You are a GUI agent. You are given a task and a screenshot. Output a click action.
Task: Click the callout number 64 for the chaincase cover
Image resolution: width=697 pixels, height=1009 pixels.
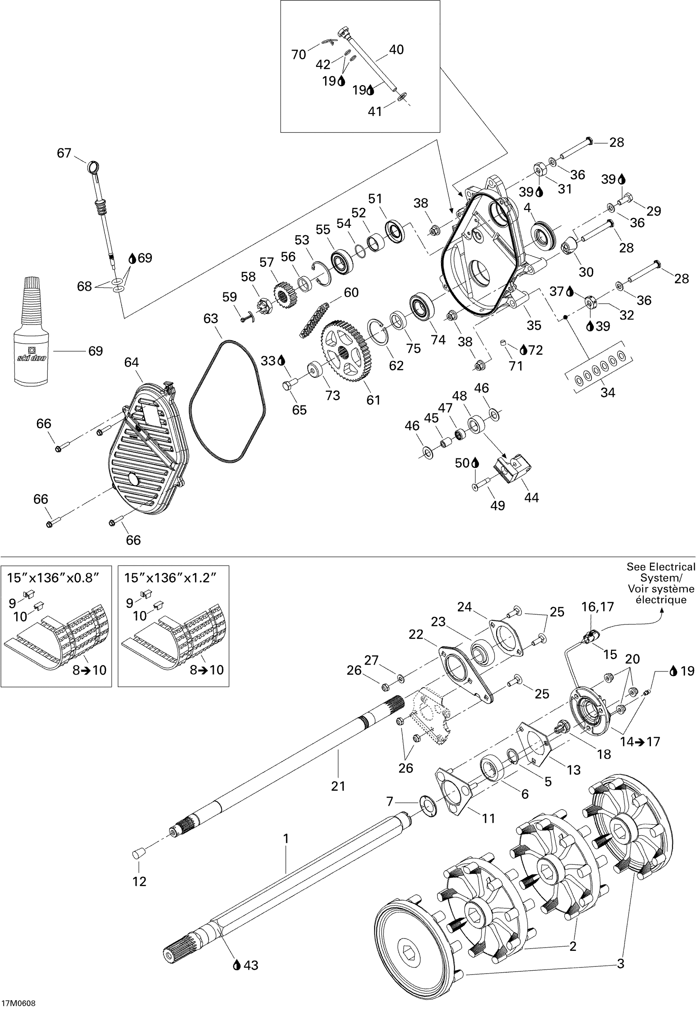131,363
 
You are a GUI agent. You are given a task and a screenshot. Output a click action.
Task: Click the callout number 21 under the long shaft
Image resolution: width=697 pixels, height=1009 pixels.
338,786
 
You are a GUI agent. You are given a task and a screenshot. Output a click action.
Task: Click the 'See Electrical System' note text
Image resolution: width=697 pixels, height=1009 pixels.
661,583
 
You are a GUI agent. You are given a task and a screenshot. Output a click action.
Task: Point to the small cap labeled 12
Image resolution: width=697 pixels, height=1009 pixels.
138,853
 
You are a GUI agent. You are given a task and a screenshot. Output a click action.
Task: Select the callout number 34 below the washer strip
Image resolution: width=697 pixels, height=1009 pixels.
607,393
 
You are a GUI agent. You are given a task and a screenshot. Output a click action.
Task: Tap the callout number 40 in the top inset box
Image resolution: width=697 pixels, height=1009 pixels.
396,49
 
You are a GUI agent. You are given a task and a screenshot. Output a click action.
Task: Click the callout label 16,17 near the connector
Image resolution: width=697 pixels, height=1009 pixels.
598,607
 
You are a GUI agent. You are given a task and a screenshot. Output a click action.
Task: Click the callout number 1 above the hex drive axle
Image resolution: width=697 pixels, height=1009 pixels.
286,838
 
